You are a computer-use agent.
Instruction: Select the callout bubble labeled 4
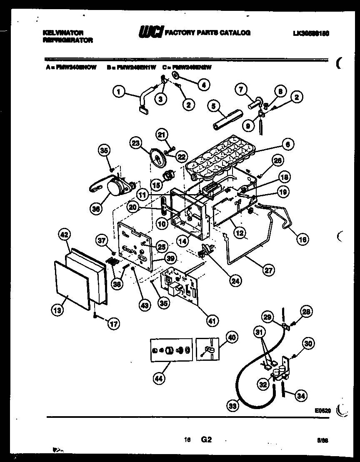click(x=204, y=85)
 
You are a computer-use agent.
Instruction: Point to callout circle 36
click(x=96, y=209)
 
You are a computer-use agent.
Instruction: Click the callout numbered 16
click(x=303, y=239)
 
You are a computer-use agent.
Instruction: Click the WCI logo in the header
click(x=150, y=32)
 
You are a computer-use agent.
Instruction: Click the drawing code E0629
click(x=322, y=410)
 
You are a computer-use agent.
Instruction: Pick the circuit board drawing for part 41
click(x=179, y=283)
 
